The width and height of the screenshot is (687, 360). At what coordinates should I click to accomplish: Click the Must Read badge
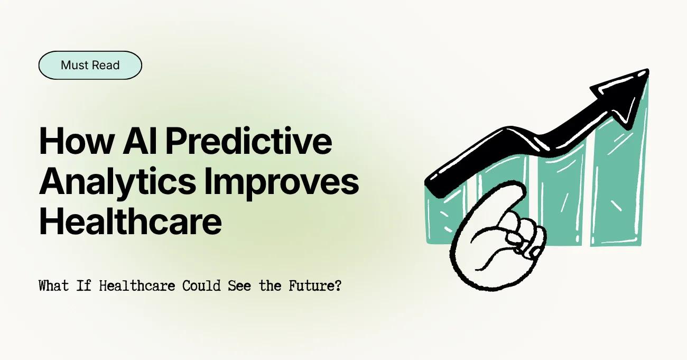tap(90, 66)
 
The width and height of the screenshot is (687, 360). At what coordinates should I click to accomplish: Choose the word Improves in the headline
tap(280, 182)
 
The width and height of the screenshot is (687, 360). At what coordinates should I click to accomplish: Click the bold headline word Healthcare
tap(130, 221)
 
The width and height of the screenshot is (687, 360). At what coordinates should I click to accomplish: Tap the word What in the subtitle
tap(53, 287)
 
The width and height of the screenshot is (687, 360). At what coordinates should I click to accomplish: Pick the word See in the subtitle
tap(239, 287)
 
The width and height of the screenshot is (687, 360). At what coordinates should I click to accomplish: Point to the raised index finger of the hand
tap(507, 196)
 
